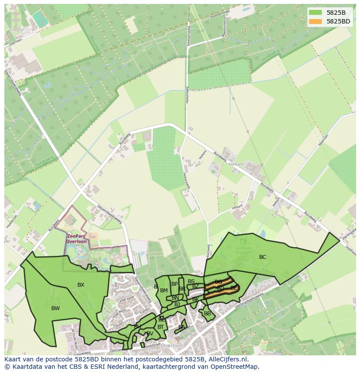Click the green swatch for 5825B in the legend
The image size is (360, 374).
coord(316,12)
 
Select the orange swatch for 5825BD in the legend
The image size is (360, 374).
coord(316,21)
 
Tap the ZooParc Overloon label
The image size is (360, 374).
coord(77,238)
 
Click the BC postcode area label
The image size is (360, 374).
coord(263,257)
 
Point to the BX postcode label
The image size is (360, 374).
coord(81,285)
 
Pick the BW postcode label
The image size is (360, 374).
coord(56,308)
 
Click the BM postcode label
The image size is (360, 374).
coord(164,291)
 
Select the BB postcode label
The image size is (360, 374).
coord(207,314)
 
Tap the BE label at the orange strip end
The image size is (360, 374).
coord(234,288)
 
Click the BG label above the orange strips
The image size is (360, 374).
coord(218,282)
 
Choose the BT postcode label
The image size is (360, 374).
coord(161,327)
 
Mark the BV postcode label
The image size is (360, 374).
coord(150,334)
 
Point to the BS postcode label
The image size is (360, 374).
coord(191,281)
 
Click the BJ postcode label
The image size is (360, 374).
coord(177,304)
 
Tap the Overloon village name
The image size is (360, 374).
coord(172,346)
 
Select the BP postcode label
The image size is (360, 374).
coord(174,284)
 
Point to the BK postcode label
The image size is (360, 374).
coord(195,299)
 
